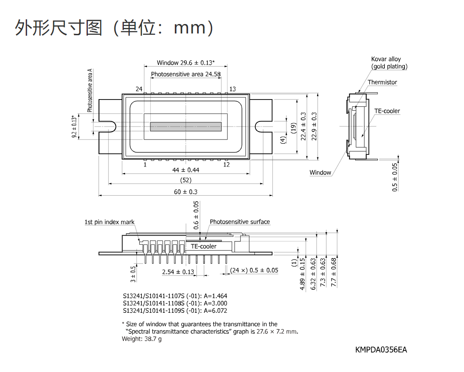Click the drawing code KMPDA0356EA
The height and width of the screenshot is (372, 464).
[x=381, y=350]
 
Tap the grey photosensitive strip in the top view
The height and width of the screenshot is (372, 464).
[x=186, y=127]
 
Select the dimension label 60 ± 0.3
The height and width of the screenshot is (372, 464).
[x=186, y=192]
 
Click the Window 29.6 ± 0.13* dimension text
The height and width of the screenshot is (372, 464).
[x=186, y=63]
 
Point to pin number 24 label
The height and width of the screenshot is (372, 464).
[x=139, y=89]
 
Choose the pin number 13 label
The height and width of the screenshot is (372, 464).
[x=233, y=89]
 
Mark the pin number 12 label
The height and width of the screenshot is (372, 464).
[x=226, y=164]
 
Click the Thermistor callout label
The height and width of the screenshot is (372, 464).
[x=382, y=82]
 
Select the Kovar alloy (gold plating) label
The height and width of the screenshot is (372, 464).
[x=389, y=63]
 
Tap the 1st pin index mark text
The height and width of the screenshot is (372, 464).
[x=110, y=222]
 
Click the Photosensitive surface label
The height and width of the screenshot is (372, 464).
[x=240, y=222]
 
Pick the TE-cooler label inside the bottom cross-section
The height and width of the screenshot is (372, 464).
[x=204, y=246]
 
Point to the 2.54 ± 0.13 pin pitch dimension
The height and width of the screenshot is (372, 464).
[x=178, y=272]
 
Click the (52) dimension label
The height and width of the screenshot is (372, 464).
[x=186, y=180]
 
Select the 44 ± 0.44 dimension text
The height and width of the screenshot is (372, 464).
[x=186, y=170]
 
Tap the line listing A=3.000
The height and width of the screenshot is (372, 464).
[x=175, y=303]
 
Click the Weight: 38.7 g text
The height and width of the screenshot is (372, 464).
[x=142, y=339]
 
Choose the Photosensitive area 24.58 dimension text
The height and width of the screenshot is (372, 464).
[x=186, y=74]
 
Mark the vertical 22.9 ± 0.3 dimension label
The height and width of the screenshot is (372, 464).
[x=314, y=126]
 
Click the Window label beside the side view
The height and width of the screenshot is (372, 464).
[x=320, y=172]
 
